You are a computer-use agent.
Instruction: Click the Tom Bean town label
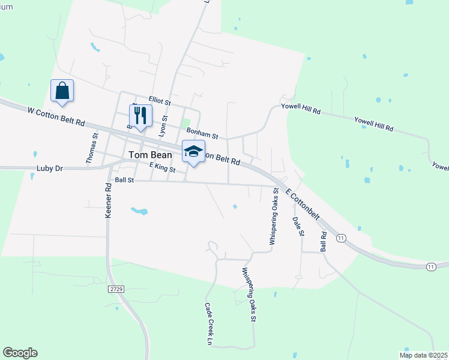150,155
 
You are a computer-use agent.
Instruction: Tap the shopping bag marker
62,91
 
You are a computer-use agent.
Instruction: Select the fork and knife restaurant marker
140,116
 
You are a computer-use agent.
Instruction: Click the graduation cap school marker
193,152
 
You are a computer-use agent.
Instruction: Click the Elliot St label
160,102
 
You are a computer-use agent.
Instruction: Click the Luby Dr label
49,169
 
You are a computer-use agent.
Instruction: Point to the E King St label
161,169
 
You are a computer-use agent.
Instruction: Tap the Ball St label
124,179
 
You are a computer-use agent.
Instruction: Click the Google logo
20,353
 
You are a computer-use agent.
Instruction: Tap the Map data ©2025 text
423,355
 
